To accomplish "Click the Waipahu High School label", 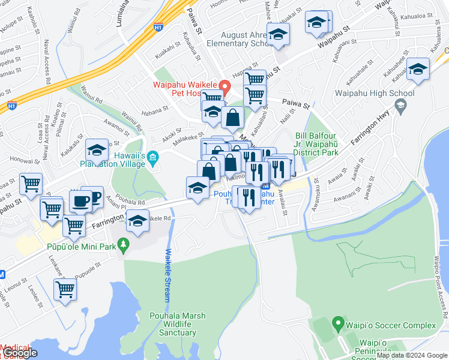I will [x=375, y=93].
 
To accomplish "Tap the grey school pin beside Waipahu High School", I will [x=400, y=107].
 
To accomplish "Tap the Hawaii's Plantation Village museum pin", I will [x=152, y=158].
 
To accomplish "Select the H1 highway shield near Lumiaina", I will [x=158, y=27].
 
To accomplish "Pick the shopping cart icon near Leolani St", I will [x=65, y=289].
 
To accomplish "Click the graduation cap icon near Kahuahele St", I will [x=418, y=70].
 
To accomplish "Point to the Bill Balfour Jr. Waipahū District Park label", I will [x=316, y=144].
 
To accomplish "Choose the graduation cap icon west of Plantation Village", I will [x=97, y=150].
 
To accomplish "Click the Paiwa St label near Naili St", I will [x=297, y=105].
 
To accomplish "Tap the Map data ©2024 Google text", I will [x=412, y=356].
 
